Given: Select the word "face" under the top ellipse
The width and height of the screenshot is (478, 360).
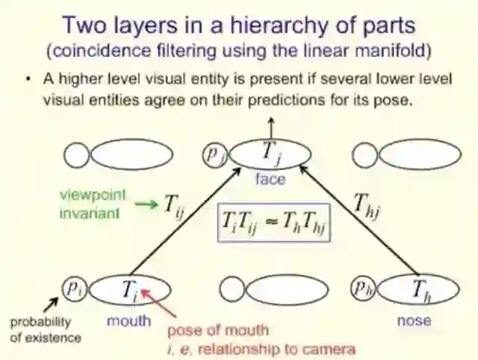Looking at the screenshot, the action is (270, 179).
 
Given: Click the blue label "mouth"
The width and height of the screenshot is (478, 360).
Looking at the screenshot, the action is (129, 321).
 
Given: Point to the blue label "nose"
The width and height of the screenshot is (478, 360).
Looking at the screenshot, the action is (415, 320).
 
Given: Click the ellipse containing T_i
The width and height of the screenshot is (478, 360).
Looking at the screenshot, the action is (131, 290).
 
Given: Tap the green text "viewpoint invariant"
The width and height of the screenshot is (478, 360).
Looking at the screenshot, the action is (93, 202).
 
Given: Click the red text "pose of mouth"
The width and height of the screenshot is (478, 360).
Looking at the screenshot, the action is (217, 330).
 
